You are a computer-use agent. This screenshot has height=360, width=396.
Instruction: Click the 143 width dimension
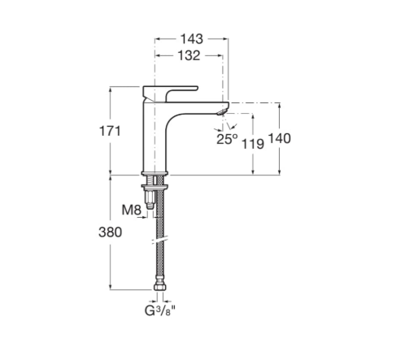pyautogui.click(x=192, y=39)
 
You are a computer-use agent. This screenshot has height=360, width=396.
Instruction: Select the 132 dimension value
pyautogui.click(x=189, y=56)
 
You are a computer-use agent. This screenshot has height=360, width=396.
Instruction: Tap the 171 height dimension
pyautogui.click(x=110, y=132)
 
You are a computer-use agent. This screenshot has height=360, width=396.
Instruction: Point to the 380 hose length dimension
pyautogui.click(x=110, y=232)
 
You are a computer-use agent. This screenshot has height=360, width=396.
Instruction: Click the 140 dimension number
pyautogui.click(x=280, y=138)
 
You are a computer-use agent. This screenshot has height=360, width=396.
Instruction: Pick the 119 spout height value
pyautogui.click(x=253, y=144)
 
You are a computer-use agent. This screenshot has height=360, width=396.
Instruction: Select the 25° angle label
pyautogui.click(x=227, y=139)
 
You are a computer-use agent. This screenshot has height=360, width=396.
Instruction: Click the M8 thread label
pyautogui.click(x=132, y=210)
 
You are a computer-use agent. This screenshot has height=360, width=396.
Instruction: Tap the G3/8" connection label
pyautogui.click(x=160, y=311)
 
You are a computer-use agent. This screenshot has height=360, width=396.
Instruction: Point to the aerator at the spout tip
pyautogui.click(x=222, y=112)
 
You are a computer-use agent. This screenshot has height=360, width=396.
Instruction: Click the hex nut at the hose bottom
pyautogui.click(x=159, y=287)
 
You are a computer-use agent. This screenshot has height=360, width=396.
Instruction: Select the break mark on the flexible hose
pyautogui.click(x=160, y=241)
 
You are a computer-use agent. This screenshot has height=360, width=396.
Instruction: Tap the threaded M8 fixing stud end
pyautogui.click(x=150, y=206)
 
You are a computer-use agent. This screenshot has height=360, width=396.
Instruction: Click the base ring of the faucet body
pyautogui.click(x=154, y=173)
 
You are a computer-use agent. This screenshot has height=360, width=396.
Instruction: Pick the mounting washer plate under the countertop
pyautogui.click(x=154, y=187)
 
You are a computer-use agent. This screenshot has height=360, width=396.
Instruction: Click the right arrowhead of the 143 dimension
pyautogui.click(x=225, y=39)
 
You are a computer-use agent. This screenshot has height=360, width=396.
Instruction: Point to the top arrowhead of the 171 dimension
pyautogui.click(x=110, y=89)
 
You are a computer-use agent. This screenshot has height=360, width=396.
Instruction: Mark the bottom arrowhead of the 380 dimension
pyautogui.click(x=110, y=287)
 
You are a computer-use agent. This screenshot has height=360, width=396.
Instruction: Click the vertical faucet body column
pyautogui.click(x=154, y=141)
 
